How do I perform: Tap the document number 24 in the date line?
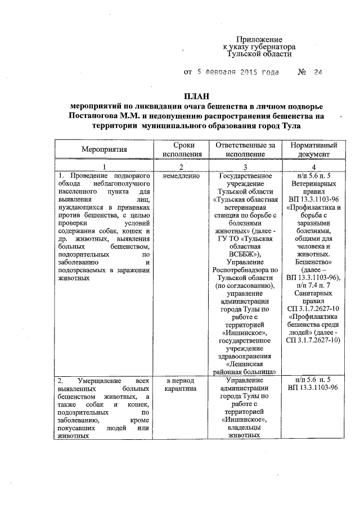point(319,73)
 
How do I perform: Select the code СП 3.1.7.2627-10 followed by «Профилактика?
point(312,309)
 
